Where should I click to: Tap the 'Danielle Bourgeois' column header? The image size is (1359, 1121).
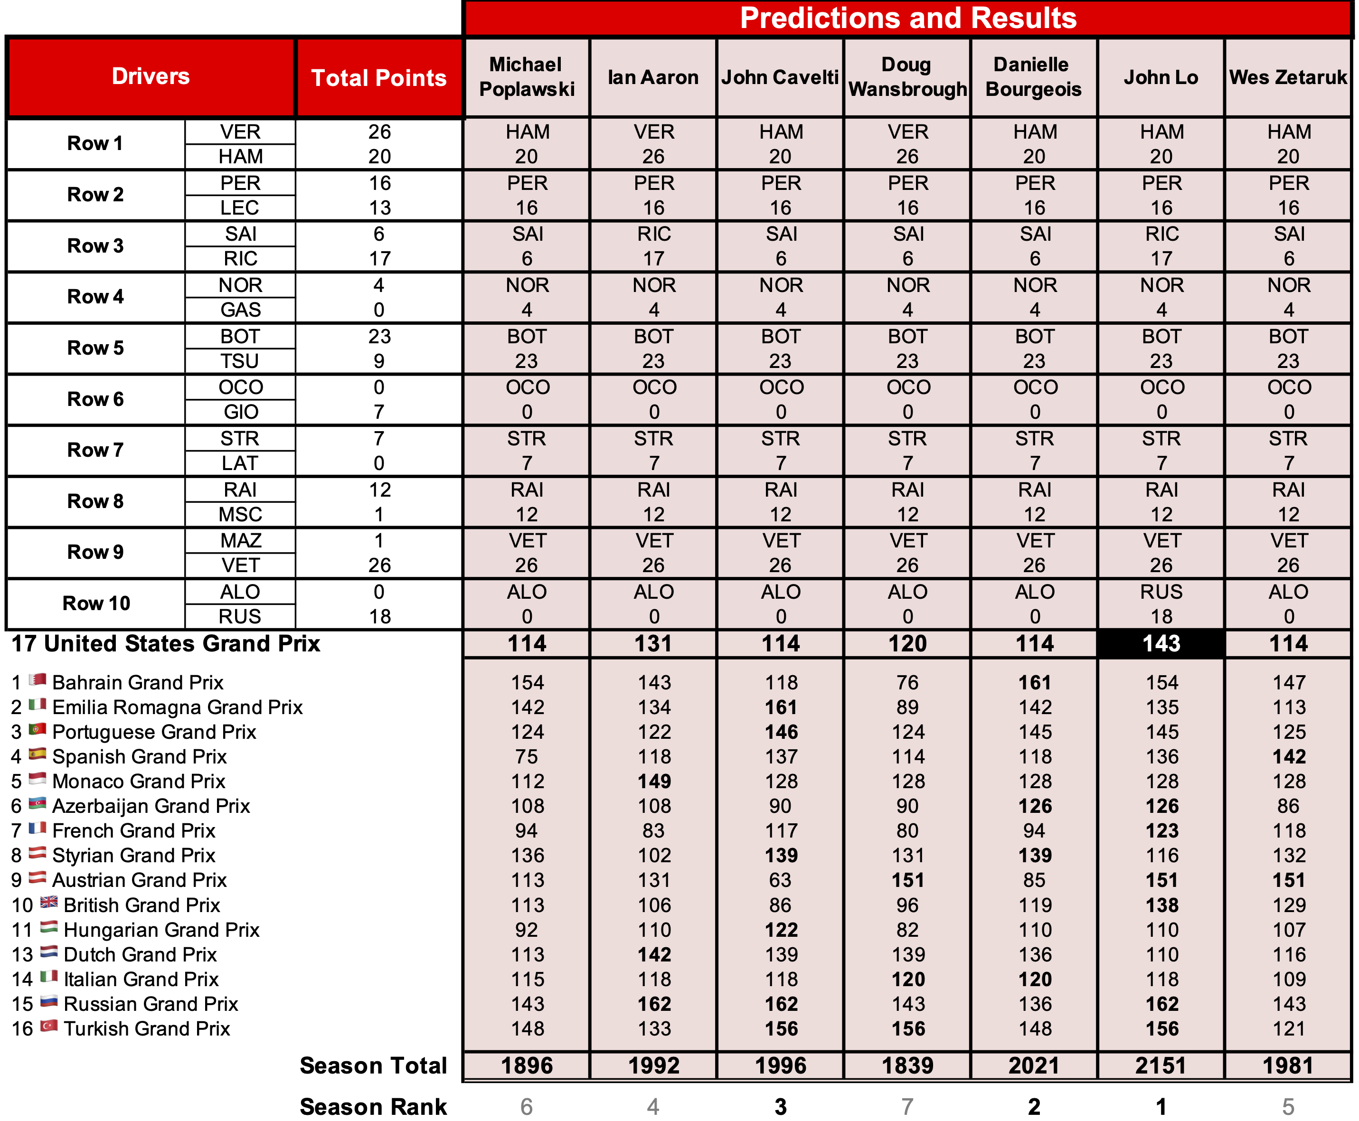[1033, 77]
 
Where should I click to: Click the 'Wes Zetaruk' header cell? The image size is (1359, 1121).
[1288, 77]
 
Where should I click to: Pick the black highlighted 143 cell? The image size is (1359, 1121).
[1161, 644]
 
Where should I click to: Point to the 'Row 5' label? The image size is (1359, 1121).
[95, 348]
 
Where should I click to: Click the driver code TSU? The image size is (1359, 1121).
[240, 361]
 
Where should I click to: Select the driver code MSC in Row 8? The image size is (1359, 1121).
[240, 515]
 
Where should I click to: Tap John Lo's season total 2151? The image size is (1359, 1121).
[1161, 1065]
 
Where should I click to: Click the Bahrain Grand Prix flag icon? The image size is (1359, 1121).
[38, 680]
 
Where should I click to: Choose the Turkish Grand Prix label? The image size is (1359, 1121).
[147, 1029]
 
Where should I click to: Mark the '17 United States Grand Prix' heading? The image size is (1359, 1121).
[166, 644]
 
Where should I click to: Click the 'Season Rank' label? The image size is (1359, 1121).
[373, 1106]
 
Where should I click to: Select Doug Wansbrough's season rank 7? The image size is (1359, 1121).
[907, 1106]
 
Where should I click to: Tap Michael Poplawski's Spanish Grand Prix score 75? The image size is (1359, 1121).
[527, 756]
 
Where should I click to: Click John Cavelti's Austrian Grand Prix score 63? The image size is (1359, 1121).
[780, 880]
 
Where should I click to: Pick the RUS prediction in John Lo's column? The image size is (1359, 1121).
[1161, 592]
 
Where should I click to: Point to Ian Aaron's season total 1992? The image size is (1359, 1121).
[654, 1065]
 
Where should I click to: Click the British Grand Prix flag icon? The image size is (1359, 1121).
[49, 903]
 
